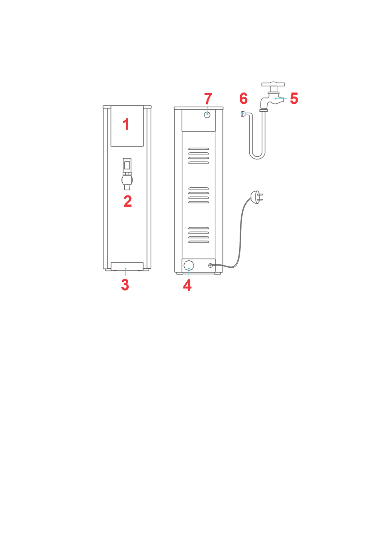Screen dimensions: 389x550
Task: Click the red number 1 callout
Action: (126, 124)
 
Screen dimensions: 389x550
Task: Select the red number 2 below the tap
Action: (128, 201)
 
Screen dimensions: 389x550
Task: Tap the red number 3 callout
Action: (125, 285)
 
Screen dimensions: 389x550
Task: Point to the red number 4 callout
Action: (187, 285)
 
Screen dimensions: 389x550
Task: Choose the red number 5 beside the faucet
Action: (294, 98)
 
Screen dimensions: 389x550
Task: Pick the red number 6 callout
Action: (243, 98)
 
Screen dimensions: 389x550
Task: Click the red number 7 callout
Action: (208, 99)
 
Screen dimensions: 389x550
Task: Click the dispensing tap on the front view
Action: (127, 174)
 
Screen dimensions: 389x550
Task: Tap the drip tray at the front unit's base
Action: (127, 266)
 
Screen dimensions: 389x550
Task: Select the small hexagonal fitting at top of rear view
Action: (207, 114)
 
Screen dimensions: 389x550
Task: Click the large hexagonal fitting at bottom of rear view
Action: (189, 265)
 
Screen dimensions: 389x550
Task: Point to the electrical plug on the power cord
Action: (257, 197)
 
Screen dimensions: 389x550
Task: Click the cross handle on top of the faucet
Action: (273, 85)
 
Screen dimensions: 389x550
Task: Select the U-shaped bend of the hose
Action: (257, 156)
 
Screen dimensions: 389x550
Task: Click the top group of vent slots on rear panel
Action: (198, 156)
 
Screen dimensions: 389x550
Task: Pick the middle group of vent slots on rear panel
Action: (198, 195)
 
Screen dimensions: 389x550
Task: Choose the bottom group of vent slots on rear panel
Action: (198, 235)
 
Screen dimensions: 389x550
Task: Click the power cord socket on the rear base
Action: (210, 265)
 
